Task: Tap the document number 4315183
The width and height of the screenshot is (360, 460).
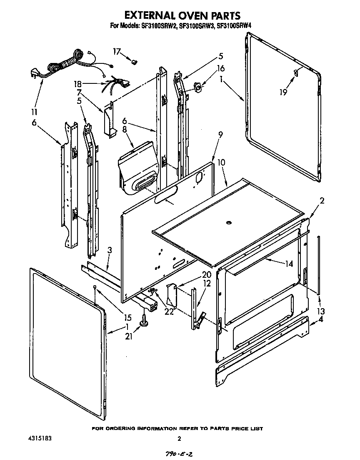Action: (38, 438)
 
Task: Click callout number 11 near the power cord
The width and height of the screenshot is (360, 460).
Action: (34, 112)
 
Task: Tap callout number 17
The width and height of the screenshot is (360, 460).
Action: (116, 51)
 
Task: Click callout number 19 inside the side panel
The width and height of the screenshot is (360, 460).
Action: (283, 92)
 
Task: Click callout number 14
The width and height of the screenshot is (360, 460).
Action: (289, 264)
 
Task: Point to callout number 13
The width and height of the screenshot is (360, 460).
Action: (320, 311)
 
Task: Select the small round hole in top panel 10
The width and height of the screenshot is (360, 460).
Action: (229, 224)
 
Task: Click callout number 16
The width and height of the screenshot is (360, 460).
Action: (221, 68)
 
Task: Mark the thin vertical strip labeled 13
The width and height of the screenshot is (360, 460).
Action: (319, 265)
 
